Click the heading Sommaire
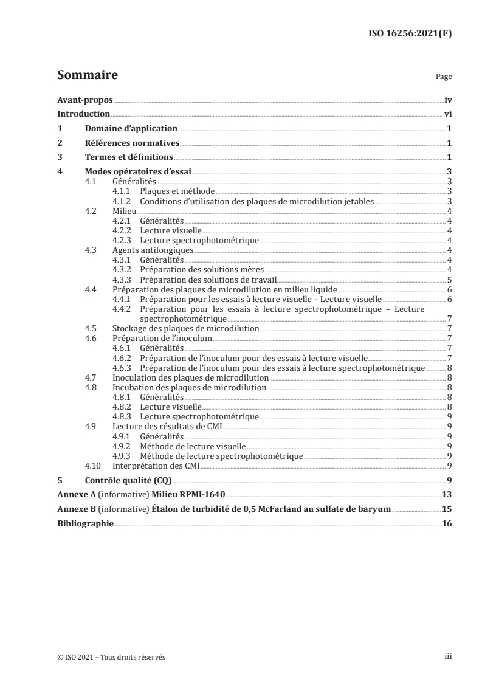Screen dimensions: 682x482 tap(87, 76)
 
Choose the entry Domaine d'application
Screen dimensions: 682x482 tap(131, 129)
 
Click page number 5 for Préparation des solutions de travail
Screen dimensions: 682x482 tap(449, 279)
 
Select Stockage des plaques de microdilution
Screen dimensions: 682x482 tap(185, 328)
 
